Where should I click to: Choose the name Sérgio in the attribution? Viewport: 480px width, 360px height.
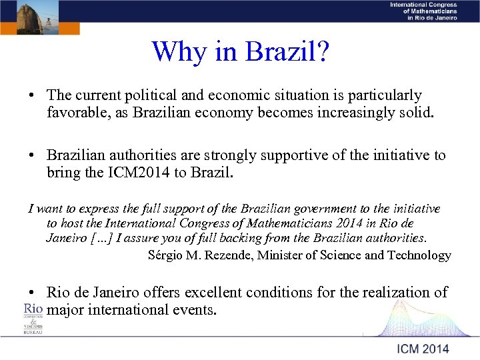(168, 255)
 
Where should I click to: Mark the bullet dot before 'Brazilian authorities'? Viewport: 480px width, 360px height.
(32, 156)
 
